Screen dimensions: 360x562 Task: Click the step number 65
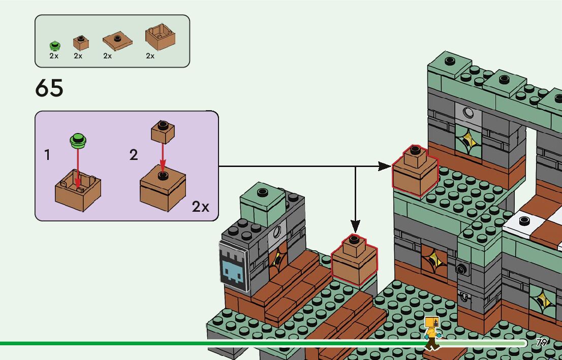(49, 89)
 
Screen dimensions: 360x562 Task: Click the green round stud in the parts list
(53, 45)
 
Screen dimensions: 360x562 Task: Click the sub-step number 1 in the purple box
(47, 155)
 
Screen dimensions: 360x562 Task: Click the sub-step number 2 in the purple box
(134, 155)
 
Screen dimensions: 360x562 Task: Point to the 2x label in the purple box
(200, 207)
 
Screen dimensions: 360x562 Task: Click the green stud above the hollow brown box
(78, 139)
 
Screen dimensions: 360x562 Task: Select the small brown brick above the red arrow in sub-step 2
(163, 131)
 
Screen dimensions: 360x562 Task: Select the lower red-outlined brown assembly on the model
(354, 260)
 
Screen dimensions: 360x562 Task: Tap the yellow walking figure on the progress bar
(432, 333)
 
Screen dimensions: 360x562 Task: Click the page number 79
(542, 342)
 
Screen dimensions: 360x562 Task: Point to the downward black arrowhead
(355, 226)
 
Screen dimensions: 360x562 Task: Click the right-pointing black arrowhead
(385, 166)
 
